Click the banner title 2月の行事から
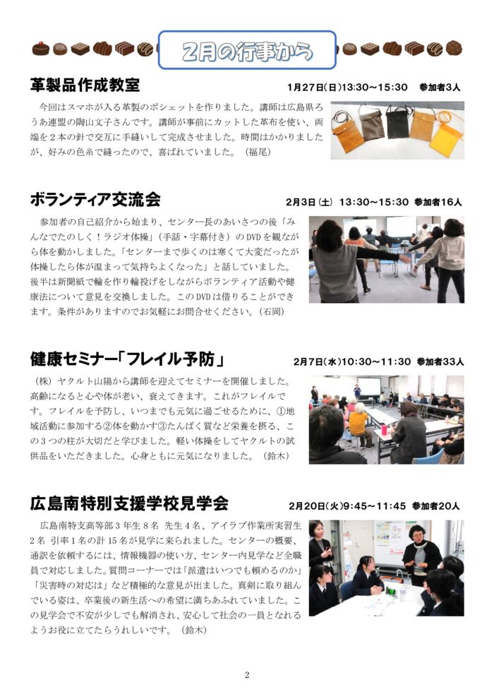pyautogui.click(x=247, y=52)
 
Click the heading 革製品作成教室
pyautogui.click(x=85, y=85)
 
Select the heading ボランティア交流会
pyautogui.click(x=95, y=200)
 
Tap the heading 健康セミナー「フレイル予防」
pyautogui.click(x=128, y=359)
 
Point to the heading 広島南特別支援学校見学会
pyautogui.click(x=129, y=503)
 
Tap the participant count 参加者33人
pyautogui.click(x=440, y=362)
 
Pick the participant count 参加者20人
pyautogui.click(x=435, y=506)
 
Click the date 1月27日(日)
pyautogui.click(x=314, y=88)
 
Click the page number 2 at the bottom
pyautogui.click(x=247, y=675)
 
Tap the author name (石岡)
pyautogui.click(x=273, y=311)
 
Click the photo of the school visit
pyautogui.click(x=386, y=568)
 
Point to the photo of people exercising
pyautogui.click(x=386, y=259)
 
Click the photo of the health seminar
pyautogui.click(x=386, y=419)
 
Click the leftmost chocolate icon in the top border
pyautogui.click(x=41, y=49)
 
